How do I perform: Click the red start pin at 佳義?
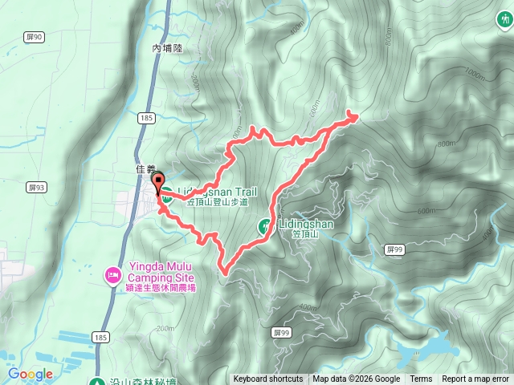pos(157,181)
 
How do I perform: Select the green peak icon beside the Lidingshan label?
pos(264,226)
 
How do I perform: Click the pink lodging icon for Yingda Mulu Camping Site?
pos(113,276)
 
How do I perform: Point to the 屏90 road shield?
pos(34,37)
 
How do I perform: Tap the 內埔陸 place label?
pos(168,48)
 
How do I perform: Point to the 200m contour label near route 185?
pos(165,328)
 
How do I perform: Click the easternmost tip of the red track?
pos(355,117)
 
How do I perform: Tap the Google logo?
pos(31,374)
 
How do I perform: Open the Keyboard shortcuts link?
pos(267,379)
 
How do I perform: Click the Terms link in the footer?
pos(421,379)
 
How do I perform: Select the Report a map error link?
pos(476,379)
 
